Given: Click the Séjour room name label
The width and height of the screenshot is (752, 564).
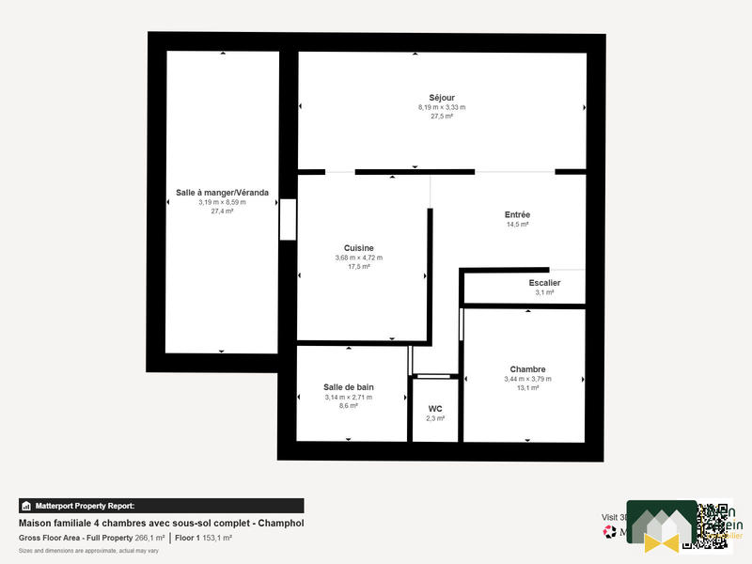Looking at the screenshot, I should [x=442, y=98].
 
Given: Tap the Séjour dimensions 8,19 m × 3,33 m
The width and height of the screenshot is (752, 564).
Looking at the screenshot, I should [x=442, y=107].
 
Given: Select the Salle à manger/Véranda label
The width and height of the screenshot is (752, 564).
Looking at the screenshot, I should [x=222, y=193].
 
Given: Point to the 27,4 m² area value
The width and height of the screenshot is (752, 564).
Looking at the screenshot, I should [x=222, y=211].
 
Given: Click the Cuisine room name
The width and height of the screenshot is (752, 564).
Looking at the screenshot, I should [x=358, y=248].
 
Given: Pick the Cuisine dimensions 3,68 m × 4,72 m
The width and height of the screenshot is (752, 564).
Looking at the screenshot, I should [x=358, y=258].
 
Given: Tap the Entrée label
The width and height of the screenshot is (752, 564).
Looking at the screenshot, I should [x=517, y=214].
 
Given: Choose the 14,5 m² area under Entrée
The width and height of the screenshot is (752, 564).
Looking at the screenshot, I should [x=517, y=225].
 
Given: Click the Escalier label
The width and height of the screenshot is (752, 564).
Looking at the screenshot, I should [x=544, y=282].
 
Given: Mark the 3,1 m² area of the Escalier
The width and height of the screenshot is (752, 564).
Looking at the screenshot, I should [x=544, y=292].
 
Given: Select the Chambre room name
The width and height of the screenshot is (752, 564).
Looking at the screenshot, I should [x=527, y=369].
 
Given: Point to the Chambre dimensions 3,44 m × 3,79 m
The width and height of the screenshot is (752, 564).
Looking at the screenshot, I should [x=527, y=379].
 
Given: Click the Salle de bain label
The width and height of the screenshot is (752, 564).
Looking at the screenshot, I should [x=349, y=387].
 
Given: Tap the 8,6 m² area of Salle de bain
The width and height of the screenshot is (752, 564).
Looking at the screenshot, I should [x=349, y=406].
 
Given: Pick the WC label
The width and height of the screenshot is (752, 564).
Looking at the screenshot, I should [x=435, y=408].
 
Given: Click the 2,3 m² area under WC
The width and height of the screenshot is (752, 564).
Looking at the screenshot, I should [x=435, y=418].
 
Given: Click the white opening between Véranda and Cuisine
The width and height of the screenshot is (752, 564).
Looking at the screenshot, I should [x=288, y=219].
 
